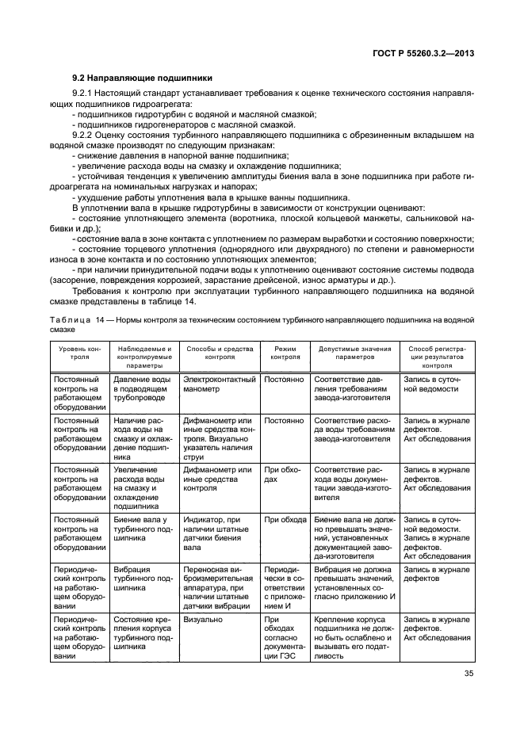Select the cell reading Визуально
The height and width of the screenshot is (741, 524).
(203, 618)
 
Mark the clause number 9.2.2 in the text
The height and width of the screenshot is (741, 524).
(85, 135)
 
